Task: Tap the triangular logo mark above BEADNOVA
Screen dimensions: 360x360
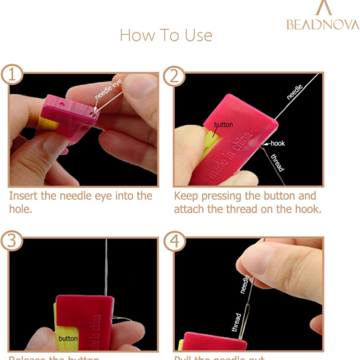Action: pos(324,8)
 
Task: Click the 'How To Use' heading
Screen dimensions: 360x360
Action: pos(166,35)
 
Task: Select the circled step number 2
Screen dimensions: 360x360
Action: pos(175,76)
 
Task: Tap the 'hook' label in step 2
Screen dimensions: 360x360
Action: pos(277,143)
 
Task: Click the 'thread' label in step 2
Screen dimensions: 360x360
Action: pos(278,162)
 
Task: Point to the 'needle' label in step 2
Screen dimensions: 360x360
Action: pos(295,92)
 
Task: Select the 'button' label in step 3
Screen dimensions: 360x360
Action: pos(68,338)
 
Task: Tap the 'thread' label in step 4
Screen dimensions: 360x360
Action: pos(236,323)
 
